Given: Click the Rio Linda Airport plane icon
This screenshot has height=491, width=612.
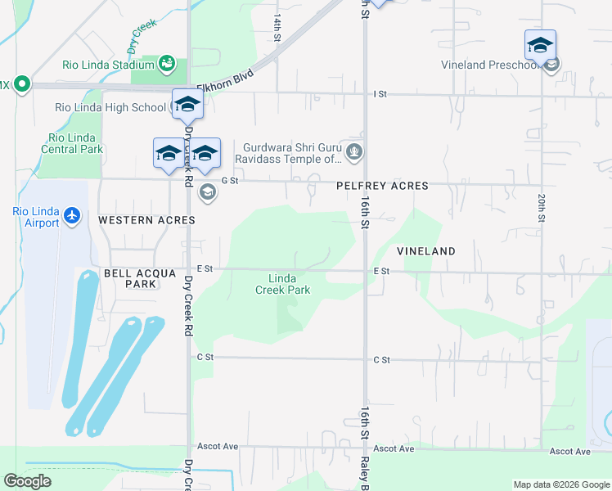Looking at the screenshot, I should click(x=73, y=215).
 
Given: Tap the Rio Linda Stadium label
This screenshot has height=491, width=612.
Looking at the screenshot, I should click(x=109, y=65).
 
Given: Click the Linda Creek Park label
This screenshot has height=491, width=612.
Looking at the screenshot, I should click(x=282, y=284).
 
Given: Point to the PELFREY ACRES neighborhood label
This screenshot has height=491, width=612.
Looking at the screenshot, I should click(x=382, y=186).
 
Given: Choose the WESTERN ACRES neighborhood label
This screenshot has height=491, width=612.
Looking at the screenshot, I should click(x=146, y=220).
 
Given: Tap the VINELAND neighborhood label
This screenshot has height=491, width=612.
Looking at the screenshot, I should click(x=425, y=251).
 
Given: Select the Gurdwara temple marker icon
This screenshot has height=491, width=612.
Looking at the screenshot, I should click(x=354, y=151).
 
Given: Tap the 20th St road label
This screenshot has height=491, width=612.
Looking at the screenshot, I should click(x=542, y=208).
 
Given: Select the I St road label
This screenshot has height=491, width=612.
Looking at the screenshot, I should click(x=380, y=94).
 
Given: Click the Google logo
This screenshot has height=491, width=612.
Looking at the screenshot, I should click(x=27, y=481).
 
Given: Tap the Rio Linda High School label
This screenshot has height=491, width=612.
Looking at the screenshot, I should click(x=110, y=107).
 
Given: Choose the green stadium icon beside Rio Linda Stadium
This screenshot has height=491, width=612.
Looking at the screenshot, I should click(x=167, y=62).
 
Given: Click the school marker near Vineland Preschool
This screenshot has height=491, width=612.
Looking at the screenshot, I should click(x=540, y=45).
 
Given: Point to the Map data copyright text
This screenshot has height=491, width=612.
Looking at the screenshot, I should click(x=561, y=484).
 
